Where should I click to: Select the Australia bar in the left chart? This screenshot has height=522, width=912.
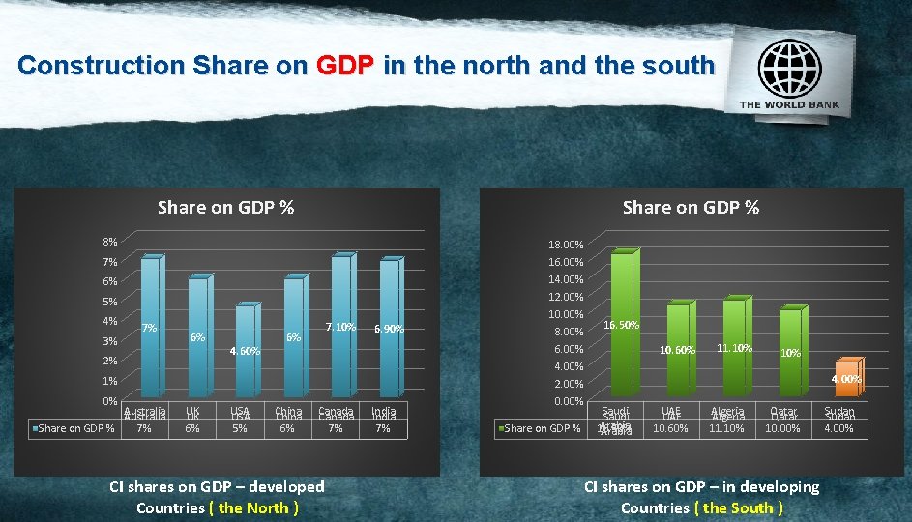149,329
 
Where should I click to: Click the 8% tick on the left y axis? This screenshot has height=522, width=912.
110,242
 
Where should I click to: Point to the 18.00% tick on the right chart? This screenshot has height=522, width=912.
565,246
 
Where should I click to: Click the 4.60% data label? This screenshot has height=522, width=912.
245,351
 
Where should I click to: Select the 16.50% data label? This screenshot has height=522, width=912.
621,325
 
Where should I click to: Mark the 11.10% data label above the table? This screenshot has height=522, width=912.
735,348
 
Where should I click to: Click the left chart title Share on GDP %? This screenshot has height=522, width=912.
225,207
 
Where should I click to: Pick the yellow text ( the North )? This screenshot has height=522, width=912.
253,507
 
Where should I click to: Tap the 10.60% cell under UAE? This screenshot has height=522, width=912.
671,427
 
